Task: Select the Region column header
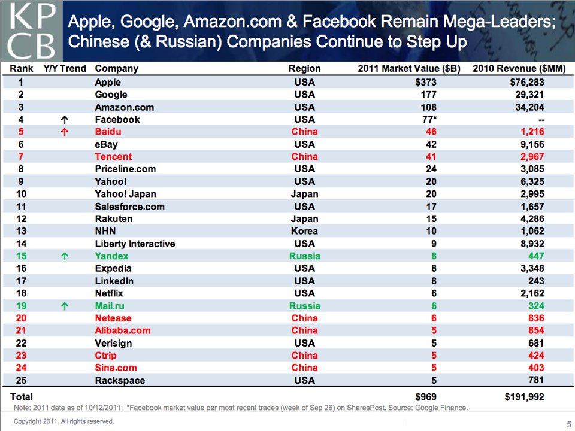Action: (304, 68)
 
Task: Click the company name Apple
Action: (108, 82)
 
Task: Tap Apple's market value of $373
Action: (426, 82)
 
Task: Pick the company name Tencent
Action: (113, 157)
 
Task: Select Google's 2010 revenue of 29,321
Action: (526, 95)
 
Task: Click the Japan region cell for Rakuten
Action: (304, 219)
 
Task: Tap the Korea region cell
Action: (304, 231)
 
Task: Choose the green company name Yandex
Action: (111, 256)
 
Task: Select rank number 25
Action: (21, 381)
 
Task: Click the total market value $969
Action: (426, 396)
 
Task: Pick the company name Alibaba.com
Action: (123, 331)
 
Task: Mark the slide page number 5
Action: (568, 424)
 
